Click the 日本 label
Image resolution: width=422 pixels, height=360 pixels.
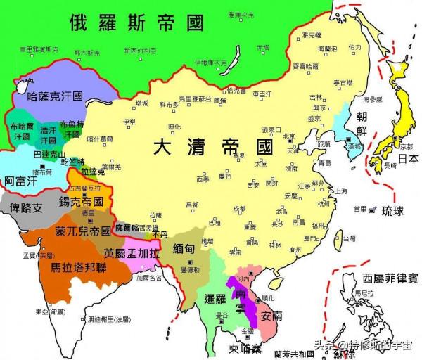(406, 159)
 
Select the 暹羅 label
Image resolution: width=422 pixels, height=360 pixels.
(212, 298)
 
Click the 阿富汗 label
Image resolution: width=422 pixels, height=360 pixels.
(20, 180)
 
